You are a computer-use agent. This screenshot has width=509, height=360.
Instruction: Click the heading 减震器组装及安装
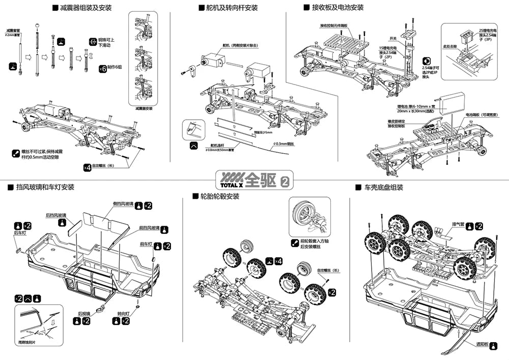click(86, 8)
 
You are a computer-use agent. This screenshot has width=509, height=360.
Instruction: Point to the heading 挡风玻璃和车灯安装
click(45, 187)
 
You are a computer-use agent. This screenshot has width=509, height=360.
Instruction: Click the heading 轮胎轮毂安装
click(220, 196)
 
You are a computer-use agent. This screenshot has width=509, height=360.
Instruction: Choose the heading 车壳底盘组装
click(383, 187)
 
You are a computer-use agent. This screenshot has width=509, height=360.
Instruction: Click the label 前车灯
click(147, 244)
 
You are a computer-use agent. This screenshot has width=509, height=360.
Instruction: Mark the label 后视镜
click(84, 314)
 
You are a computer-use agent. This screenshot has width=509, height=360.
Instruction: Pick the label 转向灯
click(123, 314)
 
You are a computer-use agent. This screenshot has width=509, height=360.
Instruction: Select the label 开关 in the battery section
click(392, 38)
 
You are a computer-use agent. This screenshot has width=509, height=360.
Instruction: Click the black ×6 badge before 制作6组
click(102, 68)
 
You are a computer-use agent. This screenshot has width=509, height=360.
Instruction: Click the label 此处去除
click(450, 46)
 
